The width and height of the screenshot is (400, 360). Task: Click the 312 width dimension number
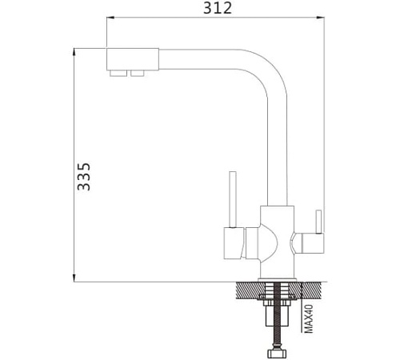[218, 8]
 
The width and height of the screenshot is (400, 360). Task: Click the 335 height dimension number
[84, 177]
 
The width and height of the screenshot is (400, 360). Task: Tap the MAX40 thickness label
[309, 318]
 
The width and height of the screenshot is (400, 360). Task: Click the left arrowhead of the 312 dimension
[110, 18]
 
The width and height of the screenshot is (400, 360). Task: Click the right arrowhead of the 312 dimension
[321, 18]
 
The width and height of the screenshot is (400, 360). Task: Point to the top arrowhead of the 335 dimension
[74, 52]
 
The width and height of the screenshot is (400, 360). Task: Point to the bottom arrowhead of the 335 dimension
[74, 278]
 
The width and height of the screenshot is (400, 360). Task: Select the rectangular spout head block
[133, 59]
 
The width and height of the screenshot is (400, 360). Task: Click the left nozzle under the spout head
[118, 74]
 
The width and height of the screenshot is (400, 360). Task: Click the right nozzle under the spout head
[138, 74]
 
